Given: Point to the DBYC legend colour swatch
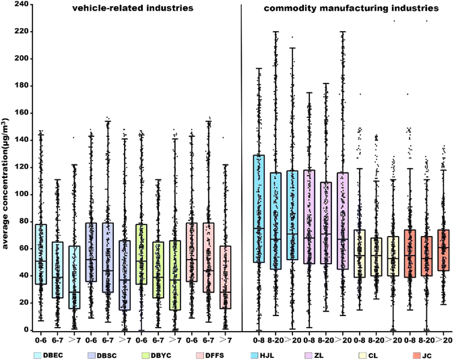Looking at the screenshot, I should click(144, 351).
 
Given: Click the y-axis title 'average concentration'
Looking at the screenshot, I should click(7, 169).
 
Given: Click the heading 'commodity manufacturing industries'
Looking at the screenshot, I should click(344, 9).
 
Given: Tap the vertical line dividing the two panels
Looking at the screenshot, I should click(242, 169).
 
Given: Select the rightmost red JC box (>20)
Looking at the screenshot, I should click(441, 250).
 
